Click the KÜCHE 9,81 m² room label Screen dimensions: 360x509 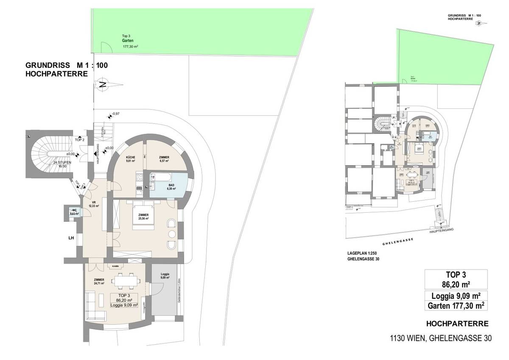[130, 159]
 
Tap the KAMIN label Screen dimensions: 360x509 [115, 266]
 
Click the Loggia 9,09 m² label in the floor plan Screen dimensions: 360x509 [165, 276]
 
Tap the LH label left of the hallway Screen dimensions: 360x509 [71, 238]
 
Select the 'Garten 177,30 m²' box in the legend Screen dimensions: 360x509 [456, 305]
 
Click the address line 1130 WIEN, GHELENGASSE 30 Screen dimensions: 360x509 [441, 338]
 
